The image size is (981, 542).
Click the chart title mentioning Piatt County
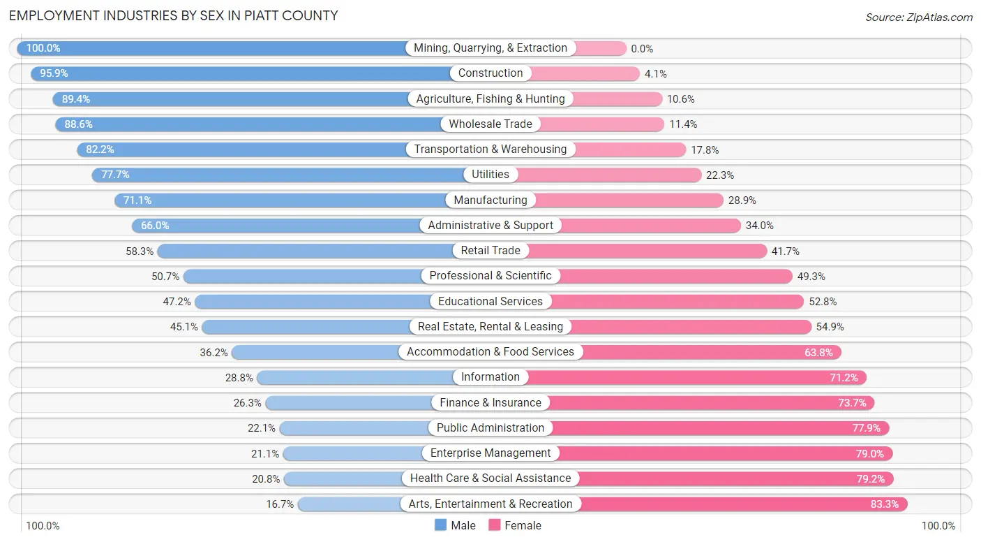pyautogui.click(x=173, y=15)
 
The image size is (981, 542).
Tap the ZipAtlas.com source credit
pyautogui.click(x=918, y=17)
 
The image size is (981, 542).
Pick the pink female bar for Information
pyautogui.click(x=698, y=377)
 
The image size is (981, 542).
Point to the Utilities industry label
pyautogui.click(x=490, y=175)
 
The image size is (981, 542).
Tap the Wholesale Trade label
pyautogui.click(x=490, y=124)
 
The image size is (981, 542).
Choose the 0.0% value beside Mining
pyautogui.click(x=642, y=49)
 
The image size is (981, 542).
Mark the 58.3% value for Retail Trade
pyautogui.click(x=140, y=251)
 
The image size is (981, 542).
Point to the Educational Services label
pyautogui.click(x=490, y=301)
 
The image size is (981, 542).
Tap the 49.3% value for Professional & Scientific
pyautogui.click(x=811, y=277)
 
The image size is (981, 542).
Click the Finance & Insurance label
pyautogui.click(x=490, y=402)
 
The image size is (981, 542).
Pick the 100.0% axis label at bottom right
pyautogui.click(x=938, y=526)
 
